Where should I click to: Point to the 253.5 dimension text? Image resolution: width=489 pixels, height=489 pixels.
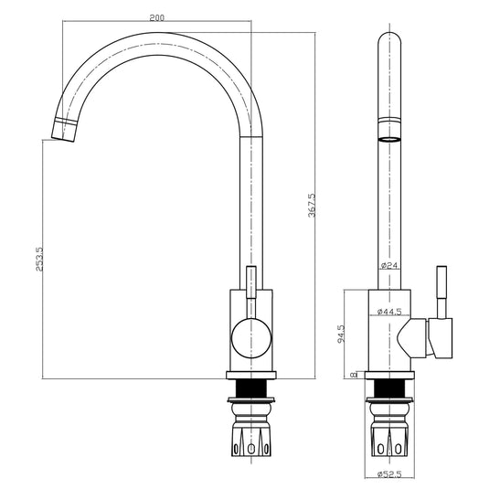coord(37,260)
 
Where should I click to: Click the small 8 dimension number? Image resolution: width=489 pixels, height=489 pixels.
coord(353,373)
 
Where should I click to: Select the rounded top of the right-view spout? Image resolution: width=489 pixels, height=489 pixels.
coord(389,41)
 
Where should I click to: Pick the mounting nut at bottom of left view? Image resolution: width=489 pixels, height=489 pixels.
coord(250,436)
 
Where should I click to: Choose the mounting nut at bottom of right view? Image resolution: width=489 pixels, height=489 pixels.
coord(389,436)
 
